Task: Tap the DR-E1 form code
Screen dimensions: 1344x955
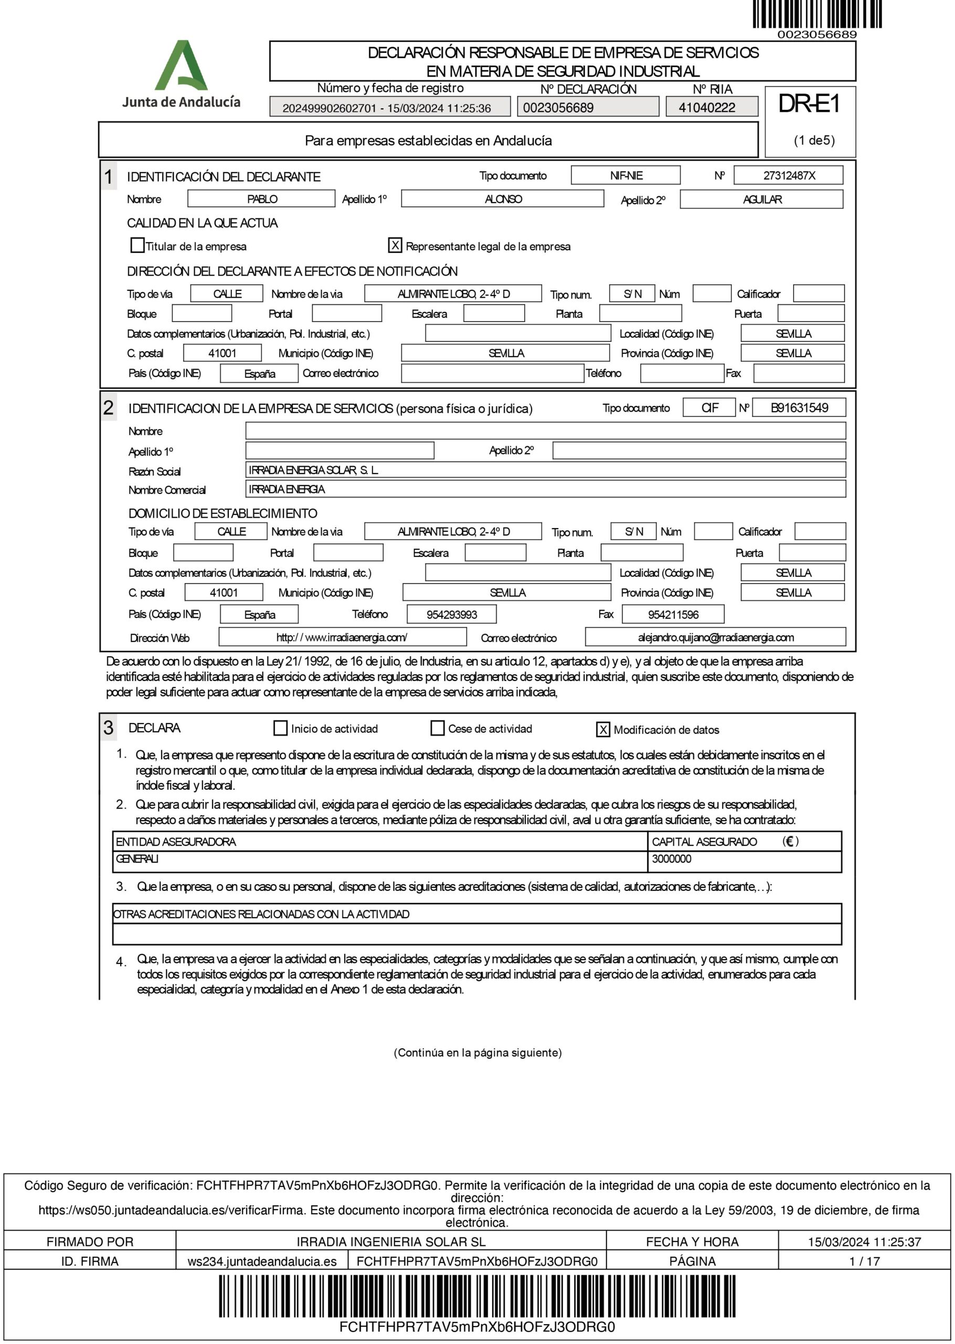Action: click(x=809, y=104)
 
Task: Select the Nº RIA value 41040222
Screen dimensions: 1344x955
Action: click(x=706, y=108)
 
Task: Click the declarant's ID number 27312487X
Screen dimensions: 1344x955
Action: click(x=789, y=175)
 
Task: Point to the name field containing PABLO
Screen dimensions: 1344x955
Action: click(x=262, y=199)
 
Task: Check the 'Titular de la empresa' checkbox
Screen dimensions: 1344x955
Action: click(x=137, y=245)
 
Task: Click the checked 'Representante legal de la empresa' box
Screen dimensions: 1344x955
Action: click(x=395, y=245)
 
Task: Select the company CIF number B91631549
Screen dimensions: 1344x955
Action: click(x=799, y=407)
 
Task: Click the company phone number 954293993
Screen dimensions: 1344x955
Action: click(x=452, y=615)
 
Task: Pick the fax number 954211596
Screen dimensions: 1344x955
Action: click(x=673, y=615)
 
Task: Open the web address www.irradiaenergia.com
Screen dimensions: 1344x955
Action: click(x=342, y=637)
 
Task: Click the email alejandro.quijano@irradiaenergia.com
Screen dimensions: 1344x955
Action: click(x=716, y=637)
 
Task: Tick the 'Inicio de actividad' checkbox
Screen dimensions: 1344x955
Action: click(x=281, y=728)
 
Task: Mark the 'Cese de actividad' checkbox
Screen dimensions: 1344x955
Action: click(x=438, y=728)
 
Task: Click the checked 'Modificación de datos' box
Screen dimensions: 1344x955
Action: click(x=603, y=729)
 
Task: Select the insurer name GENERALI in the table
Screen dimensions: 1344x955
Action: click(x=137, y=859)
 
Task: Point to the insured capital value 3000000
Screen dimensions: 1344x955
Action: click(x=672, y=859)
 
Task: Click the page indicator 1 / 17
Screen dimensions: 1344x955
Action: click(x=864, y=1261)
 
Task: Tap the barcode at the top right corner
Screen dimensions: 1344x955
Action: click(x=817, y=14)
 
